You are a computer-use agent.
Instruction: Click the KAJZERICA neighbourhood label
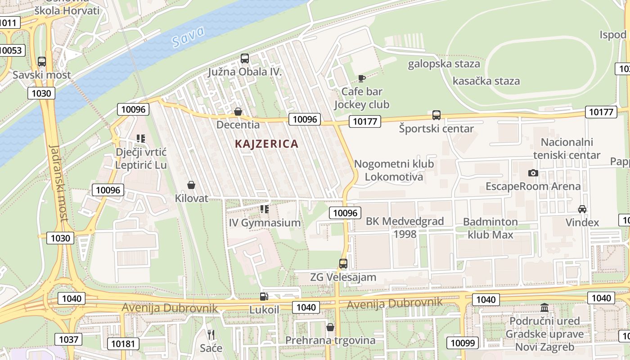pos(266,144)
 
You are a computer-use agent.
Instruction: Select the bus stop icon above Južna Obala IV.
pos(245,58)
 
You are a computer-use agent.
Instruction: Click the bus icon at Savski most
pos(42,62)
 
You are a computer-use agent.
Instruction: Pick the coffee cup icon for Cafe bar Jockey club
pos(361,78)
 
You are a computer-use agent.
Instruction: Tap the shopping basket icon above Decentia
pos(238,112)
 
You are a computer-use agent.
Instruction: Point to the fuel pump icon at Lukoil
pos(264,297)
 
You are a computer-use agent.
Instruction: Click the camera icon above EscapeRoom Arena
pos(533,173)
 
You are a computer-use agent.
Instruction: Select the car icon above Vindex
pos(582,209)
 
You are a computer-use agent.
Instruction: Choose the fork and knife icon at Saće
pos(211,335)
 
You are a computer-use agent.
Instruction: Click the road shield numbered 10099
pos(463,343)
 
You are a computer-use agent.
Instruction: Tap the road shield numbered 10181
pos(123,344)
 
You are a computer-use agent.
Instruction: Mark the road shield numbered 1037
pos(69,339)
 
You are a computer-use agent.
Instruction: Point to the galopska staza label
pos(444,64)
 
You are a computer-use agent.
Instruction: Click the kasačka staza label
pos(486,81)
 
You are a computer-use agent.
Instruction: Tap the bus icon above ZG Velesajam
pos(343,264)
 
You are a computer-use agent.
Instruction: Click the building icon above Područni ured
pos(544,308)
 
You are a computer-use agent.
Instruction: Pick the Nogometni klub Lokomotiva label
pos(394,170)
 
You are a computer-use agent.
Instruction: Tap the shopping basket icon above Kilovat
pos(191,185)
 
